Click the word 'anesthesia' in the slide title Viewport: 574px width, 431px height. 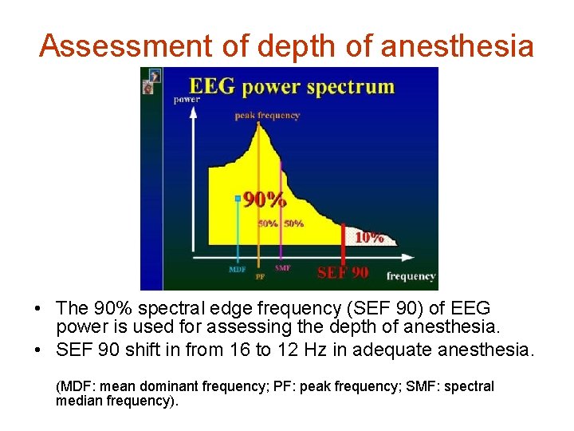pos(457,46)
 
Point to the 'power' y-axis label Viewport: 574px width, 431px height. pos(187,100)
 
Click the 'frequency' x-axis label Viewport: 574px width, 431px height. pos(411,276)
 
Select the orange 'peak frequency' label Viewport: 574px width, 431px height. pos(267,116)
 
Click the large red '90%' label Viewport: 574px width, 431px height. pos(265,199)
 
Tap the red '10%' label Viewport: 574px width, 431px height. pos(368,237)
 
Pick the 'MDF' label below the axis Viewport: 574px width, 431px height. pos(237,270)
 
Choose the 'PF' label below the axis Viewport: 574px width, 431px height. pos(260,277)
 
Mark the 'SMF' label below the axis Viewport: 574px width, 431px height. pos(282,268)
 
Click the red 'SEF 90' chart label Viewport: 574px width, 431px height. pos(343,272)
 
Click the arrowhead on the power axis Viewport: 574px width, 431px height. pos(191,113)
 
